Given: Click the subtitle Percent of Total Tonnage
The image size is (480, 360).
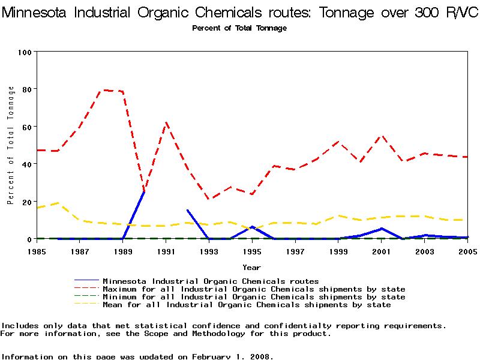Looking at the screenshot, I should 239,28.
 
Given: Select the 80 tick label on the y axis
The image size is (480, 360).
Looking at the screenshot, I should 26,89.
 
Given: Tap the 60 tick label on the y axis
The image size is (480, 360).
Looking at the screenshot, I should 26,127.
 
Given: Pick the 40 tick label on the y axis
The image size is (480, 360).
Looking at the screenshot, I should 26,164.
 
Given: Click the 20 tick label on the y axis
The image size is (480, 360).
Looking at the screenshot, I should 26,202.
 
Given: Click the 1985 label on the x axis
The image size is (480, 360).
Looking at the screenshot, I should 37,251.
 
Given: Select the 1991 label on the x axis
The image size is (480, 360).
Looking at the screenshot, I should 166,251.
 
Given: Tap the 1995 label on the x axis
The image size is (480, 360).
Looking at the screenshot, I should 252,251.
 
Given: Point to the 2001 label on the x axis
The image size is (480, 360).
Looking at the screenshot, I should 382,251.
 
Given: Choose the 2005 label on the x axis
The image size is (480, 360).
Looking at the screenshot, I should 467,251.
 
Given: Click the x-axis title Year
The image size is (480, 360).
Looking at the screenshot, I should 251,267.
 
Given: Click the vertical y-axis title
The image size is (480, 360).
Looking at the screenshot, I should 10,145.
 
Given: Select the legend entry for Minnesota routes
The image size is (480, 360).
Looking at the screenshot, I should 211,281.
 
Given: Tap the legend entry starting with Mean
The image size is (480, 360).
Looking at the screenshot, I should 247,305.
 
